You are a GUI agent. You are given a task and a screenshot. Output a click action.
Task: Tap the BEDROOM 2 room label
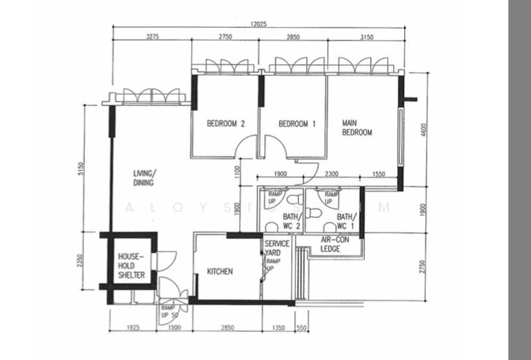pos(226,124)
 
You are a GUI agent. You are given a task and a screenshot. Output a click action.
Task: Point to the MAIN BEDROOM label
pos(356,128)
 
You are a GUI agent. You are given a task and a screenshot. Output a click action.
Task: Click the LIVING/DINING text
pos(143,177)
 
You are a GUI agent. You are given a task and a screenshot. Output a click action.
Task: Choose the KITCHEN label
pos(220,271)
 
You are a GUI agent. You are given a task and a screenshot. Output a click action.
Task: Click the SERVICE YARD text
pos(277,248)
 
